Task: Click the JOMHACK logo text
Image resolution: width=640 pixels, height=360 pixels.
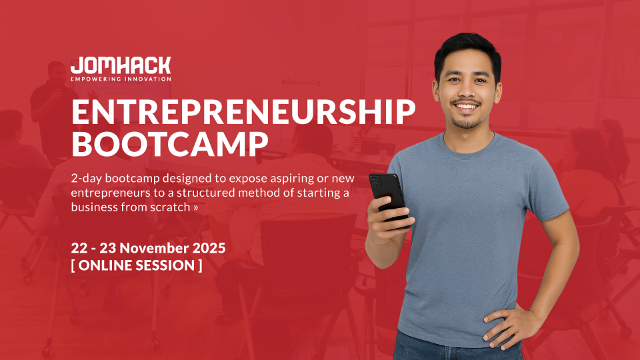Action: [x=121, y=66]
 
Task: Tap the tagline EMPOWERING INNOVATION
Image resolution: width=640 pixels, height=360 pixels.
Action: [x=121, y=79]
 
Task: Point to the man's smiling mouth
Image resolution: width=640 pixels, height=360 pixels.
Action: [x=467, y=106]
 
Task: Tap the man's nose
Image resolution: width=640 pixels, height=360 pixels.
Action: [x=467, y=91]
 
